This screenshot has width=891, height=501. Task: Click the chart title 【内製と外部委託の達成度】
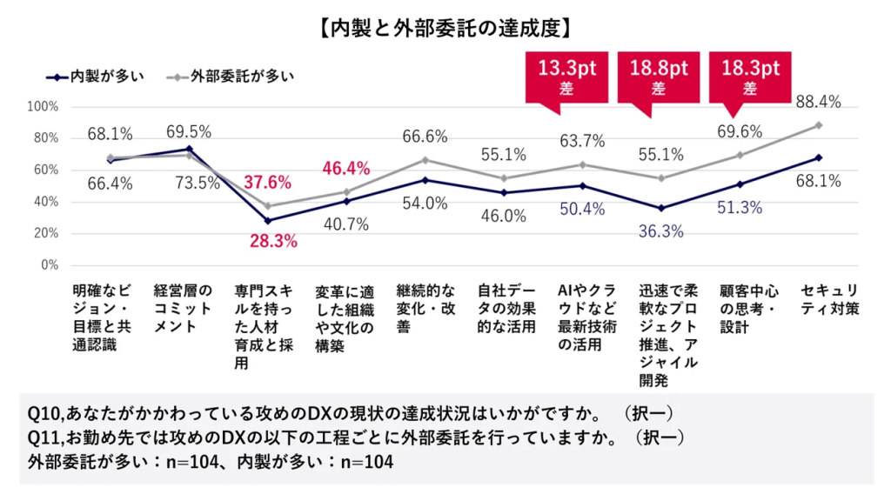(x=445, y=27)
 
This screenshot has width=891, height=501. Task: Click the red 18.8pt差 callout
(x=658, y=77)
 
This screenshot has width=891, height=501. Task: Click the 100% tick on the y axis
(x=43, y=106)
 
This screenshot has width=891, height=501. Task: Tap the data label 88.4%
(x=818, y=103)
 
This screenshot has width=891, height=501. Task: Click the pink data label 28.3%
(x=273, y=241)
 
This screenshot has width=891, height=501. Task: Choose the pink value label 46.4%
(x=346, y=168)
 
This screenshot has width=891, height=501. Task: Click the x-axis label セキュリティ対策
(x=830, y=298)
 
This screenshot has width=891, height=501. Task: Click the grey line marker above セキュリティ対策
(x=819, y=125)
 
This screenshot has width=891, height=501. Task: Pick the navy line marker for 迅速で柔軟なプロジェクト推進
(x=660, y=208)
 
